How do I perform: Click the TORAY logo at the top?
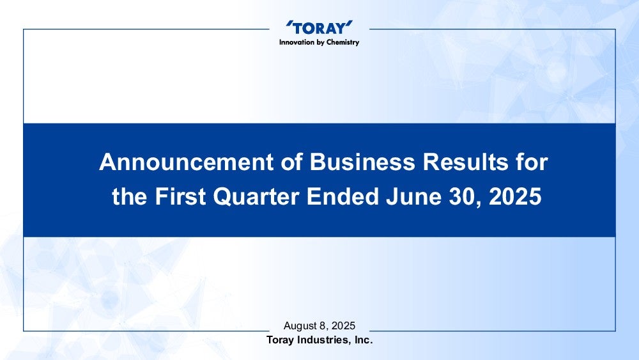tap(319, 27)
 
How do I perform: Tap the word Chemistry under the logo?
tap(343, 43)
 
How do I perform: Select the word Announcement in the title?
tap(186, 162)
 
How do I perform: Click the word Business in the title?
tap(362, 162)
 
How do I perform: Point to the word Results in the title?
tap(465, 162)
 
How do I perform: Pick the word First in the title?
tap(180, 196)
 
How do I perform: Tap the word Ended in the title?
tap(343, 196)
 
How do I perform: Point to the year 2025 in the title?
tap(515, 196)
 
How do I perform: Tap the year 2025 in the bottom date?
tap(343, 325)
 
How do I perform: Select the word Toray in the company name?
tap(280, 340)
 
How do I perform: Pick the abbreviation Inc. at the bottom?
tap(364, 340)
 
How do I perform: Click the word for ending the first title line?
tap(532, 162)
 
